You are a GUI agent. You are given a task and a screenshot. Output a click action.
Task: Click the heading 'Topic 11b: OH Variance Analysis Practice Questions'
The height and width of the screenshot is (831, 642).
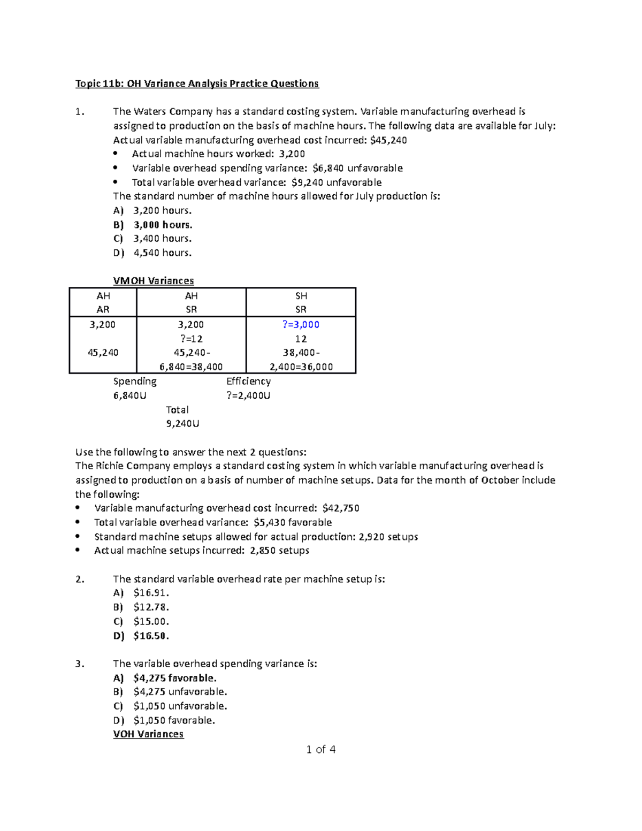pos(197,83)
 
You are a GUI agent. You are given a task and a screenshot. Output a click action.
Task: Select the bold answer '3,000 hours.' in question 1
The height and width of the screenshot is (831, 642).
pos(163,225)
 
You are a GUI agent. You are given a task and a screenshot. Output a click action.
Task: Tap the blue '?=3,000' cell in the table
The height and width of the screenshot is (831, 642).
pos(301,325)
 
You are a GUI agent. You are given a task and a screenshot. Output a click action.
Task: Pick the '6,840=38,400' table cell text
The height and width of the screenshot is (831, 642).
pos(191,367)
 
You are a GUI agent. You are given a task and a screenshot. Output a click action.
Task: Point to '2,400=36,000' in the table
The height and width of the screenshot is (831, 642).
pos(301,367)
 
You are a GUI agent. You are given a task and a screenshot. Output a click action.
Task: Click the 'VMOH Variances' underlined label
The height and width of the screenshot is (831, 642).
pos(154,281)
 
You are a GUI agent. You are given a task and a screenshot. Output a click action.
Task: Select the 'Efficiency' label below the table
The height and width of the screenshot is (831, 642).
pos(248,381)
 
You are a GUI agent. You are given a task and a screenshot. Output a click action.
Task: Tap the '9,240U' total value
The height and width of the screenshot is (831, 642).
pos(183,424)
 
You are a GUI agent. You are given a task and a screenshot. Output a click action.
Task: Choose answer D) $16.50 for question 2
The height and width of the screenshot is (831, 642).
pos(151,636)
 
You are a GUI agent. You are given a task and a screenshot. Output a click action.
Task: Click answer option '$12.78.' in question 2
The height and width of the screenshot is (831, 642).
pos(151,607)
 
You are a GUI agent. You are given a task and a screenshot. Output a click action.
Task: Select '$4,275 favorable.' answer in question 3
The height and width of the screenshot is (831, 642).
pos(175,678)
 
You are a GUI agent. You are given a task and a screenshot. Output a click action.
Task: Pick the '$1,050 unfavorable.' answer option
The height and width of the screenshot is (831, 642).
pos(180,706)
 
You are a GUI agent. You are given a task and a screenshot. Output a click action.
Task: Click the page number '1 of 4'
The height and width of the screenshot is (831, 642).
pos(321,750)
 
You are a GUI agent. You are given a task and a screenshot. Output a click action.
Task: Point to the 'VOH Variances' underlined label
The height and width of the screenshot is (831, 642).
pos(148,734)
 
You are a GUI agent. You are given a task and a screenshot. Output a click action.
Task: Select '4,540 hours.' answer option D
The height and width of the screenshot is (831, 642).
pos(162,253)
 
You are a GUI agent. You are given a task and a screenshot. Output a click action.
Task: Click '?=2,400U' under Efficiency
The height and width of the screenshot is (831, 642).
pos(248,396)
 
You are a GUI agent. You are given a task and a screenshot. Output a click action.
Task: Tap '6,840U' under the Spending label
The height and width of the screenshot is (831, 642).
pos(130,396)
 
